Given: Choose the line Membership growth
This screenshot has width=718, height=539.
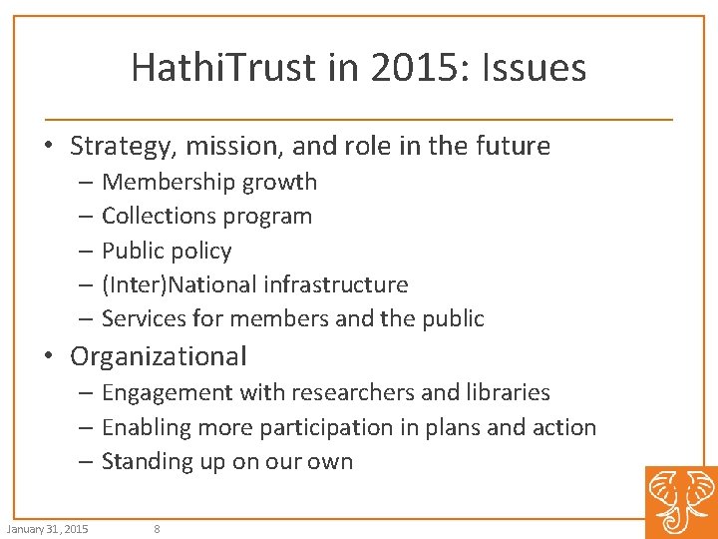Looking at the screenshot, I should (209, 182).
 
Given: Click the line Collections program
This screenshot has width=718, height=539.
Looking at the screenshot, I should (206, 216).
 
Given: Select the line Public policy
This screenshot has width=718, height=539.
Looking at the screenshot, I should (167, 251).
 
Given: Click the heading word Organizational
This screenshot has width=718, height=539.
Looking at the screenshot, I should (158, 356).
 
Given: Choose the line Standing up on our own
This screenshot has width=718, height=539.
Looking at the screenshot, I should (227, 461).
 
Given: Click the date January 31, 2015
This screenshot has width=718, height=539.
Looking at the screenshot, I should (47, 529).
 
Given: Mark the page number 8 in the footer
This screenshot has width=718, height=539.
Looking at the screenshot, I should (158, 529).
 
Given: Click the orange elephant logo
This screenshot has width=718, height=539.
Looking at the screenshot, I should (681, 502).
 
